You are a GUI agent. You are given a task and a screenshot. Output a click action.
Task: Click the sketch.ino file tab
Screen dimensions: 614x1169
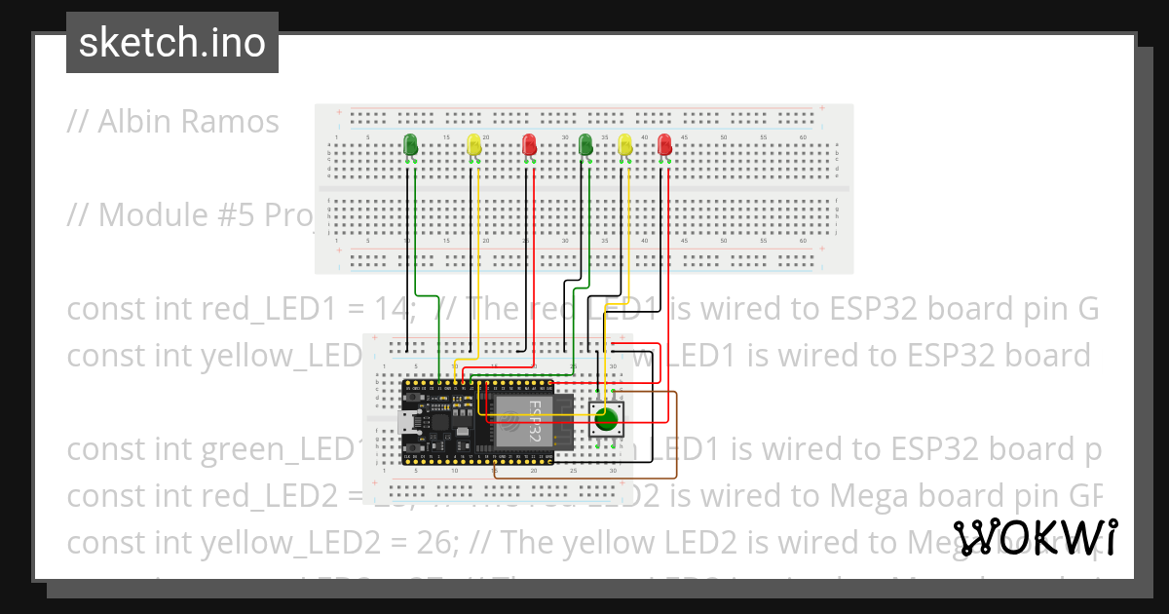172,44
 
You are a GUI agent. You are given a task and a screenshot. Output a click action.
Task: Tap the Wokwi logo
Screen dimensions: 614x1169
1035,538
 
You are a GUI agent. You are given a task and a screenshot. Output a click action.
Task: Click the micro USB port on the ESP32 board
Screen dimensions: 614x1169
404,425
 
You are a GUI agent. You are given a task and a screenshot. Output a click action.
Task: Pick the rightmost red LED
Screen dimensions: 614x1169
664,145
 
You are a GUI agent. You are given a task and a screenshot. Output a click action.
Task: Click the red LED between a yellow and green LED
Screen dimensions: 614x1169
529,145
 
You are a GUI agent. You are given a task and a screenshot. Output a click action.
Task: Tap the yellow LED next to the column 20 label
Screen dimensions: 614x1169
473,146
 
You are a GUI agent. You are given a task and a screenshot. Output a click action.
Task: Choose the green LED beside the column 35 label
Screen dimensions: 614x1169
585,145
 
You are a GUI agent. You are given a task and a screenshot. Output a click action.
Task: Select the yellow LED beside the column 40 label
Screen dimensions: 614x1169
625,145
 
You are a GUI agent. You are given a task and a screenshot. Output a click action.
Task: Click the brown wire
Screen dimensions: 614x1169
676,439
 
